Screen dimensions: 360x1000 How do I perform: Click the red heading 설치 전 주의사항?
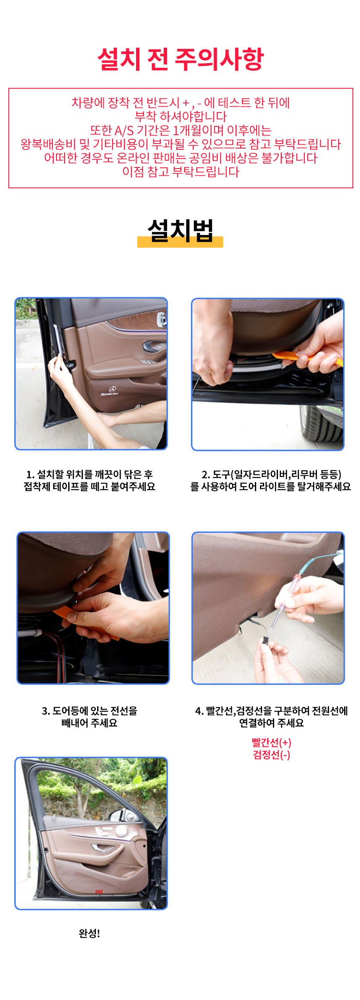tap(180, 59)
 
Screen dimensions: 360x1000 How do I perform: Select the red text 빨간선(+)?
tap(271, 743)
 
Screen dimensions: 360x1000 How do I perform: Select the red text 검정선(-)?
tap(271, 755)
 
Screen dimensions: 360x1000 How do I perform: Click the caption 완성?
tap(89, 933)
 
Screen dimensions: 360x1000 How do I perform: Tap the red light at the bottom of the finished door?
tap(99, 892)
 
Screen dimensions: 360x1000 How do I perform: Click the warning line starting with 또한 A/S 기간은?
tap(180, 131)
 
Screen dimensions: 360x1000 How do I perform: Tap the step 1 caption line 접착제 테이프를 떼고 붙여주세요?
tap(89, 487)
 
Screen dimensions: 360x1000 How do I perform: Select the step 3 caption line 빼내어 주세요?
tap(89, 723)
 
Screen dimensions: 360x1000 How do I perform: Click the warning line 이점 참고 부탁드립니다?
tap(180, 172)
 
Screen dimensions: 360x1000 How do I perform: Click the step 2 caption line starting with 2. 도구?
tap(271, 474)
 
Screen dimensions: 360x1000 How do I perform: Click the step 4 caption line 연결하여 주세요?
tap(271, 723)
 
